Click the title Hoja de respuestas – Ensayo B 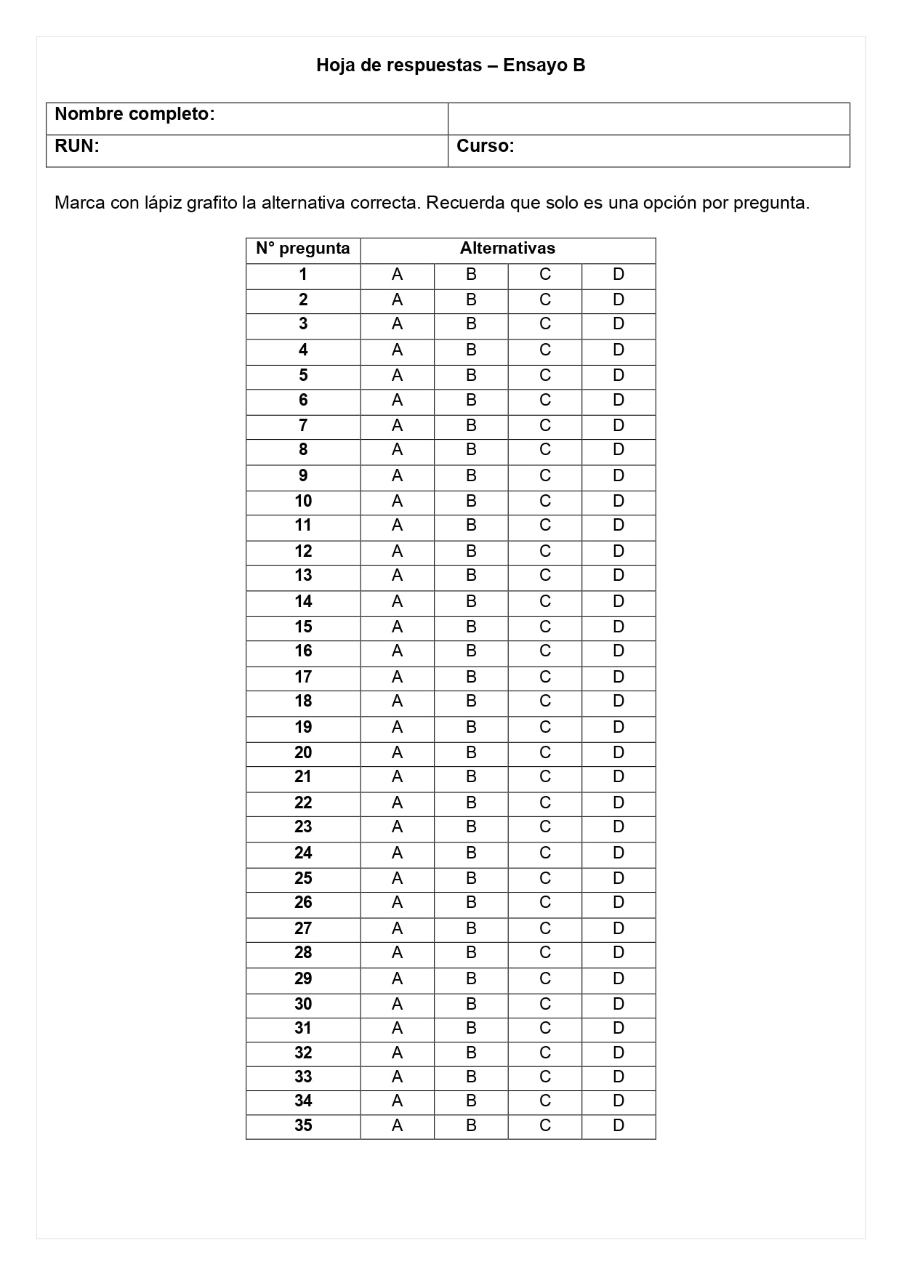[x=451, y=65]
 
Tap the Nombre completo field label [x=134, y=114]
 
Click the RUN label [x=76, y=146]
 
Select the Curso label [x=485, y=146]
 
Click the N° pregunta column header [x=302, y=249]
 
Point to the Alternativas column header [x=507, y=249]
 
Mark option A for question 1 [x=397, y=275]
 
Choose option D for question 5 [x=619, y=376]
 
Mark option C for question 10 [x=545, y=502]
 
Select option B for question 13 [x=471, y=576]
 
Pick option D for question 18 [x=619, y=701]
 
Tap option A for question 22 [x=397, y=803]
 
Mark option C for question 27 [x=545, y=929]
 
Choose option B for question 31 [x=471, y=1029]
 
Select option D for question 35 [x=619, y=1126]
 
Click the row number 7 [x=303, y=426]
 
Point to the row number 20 [x=303, y=753]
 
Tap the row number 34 [x=303, y=1101]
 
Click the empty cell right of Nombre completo [x=648, y=118]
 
